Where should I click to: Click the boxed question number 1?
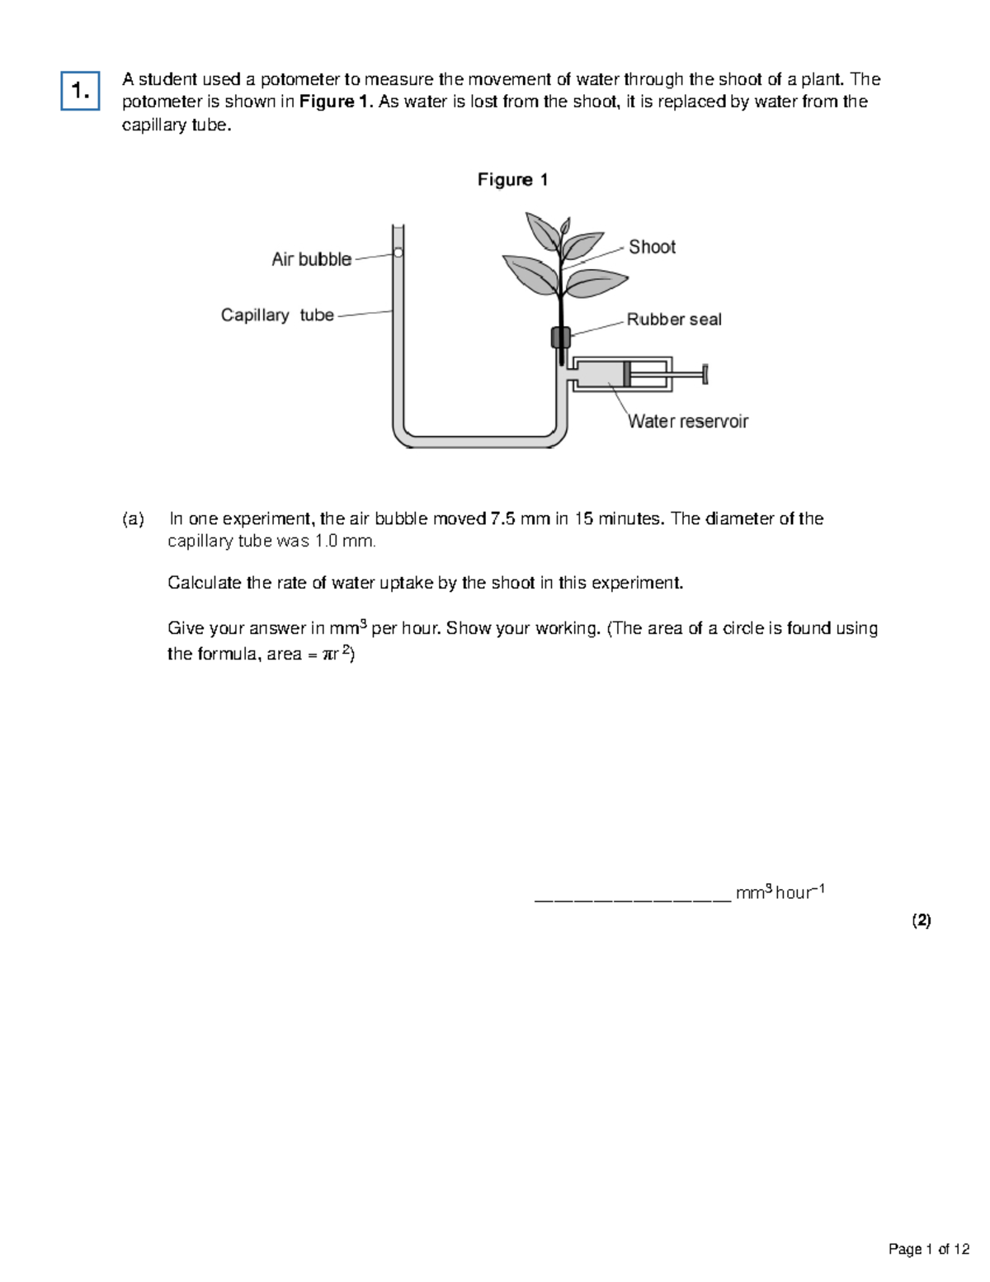tap(80, 91)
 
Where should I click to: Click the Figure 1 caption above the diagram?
tap(512, 180)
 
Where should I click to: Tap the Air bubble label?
tap(311, 259)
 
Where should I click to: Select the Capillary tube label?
tap(277, 315)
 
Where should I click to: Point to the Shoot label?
tap(652, 247)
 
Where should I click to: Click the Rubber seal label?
tap(674, 319)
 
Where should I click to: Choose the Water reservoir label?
tap(688, 421)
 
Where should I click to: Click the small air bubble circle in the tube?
tap(398, 253)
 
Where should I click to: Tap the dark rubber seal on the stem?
tap(560, 337)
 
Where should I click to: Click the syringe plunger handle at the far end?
tap(705, 374)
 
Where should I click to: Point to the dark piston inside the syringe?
tap(627, 374)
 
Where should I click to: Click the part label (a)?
tap(133, 519)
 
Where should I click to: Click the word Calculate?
tap(204, 583)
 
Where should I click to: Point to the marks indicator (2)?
tap(921, 920)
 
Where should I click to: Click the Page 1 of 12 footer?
tap(928, 1249)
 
